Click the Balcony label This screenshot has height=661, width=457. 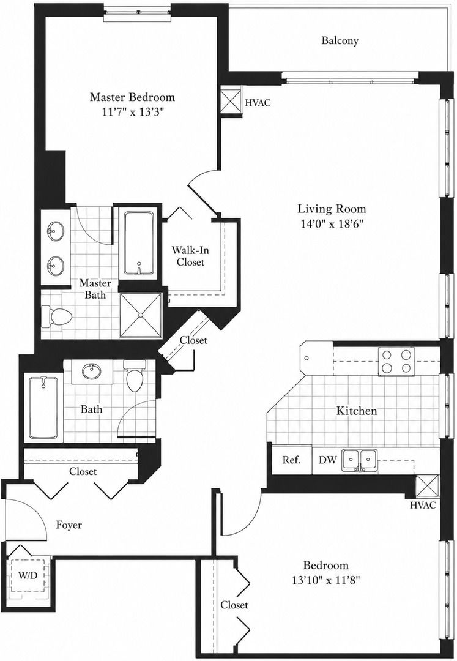coord(340,40)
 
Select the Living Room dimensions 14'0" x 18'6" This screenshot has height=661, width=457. coord(332,224)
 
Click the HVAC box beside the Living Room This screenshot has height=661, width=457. coord(231,101)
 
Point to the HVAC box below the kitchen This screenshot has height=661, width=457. coord(427,487)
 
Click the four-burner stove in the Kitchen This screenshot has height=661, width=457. coord(396,361)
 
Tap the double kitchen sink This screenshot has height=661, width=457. coord(359,460)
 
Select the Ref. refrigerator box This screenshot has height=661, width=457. coord(291,460)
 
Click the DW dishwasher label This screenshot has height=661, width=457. coord(327,460)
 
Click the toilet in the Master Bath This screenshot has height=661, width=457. coord(57,316)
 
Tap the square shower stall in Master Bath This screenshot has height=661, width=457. coord(141,315)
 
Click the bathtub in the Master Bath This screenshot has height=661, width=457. coord(139,244)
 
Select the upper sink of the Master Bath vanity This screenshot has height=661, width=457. coord(55,231)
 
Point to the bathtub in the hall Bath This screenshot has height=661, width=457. coord(43,408)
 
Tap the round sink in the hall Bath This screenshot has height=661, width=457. coord(92,372)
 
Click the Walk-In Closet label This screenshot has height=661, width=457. coord(190,256)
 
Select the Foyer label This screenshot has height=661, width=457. coord(69,525)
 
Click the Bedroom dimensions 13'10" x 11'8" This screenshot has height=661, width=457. coord(325,580)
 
